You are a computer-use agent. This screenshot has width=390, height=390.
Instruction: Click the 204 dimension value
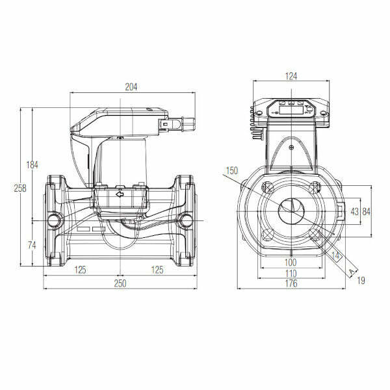(x=133, y=86)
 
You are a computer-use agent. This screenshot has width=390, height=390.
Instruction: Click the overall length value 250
(x=120, y=284)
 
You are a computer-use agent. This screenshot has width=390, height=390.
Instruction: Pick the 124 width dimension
(x=291, y=76)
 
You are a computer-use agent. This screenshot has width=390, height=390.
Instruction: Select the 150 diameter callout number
(x=232, y=171)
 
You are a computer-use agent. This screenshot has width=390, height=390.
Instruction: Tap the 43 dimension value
(x=354, y=211)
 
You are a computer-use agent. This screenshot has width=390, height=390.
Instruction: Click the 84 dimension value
(x=367, y=211)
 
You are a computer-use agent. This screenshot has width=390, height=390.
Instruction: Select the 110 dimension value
(x=291, y=273)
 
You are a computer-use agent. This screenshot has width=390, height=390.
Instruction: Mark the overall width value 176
(x=291, y=284)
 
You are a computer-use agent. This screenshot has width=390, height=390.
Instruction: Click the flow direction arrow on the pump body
(x=119, y=193)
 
